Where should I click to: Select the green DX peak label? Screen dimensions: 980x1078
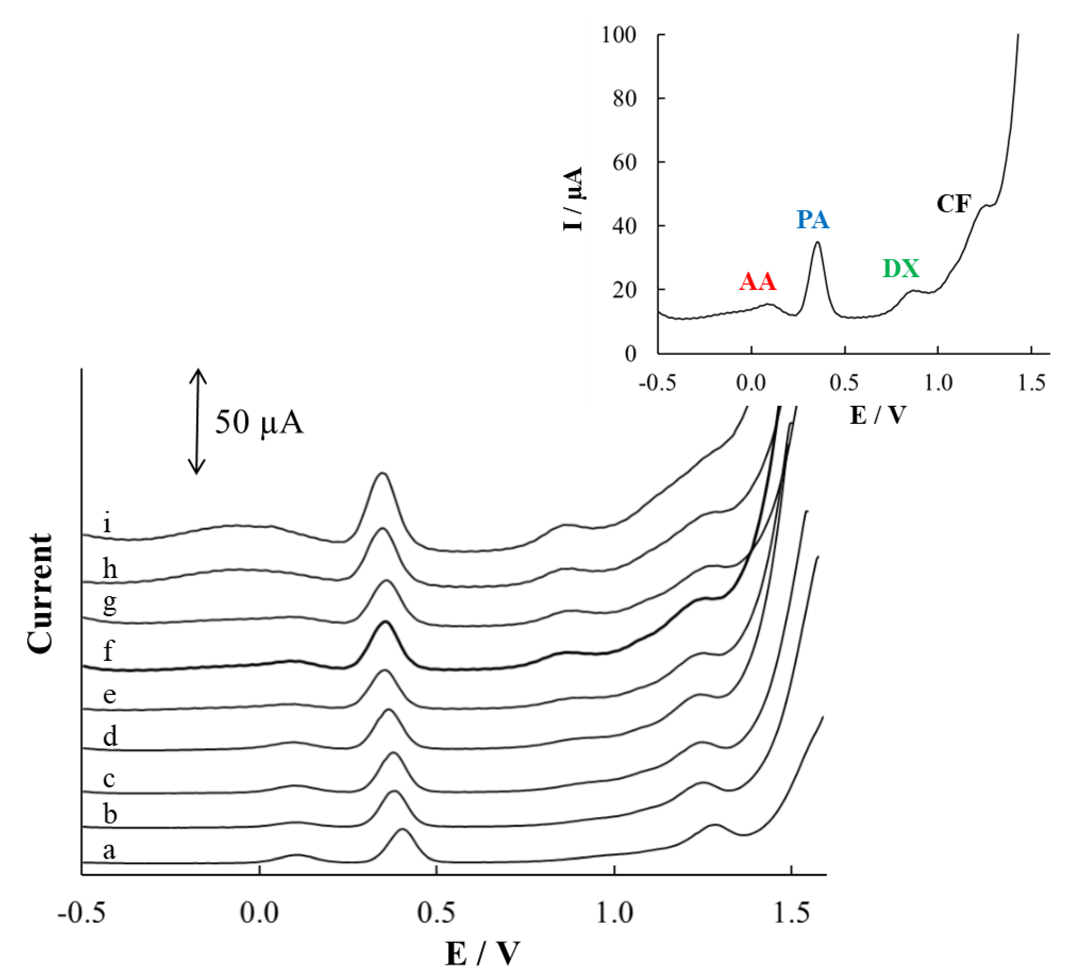click(x=901, y=268)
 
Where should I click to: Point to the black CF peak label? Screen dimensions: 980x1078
click(x=953, y=204)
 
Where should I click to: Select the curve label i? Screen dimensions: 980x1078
click(x=108, y=522)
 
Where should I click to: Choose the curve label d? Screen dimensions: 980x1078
click(x=110, y=736)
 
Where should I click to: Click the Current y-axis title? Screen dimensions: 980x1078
click(x=41, y=594)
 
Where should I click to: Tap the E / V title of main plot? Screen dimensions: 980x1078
click(x=482, y=953)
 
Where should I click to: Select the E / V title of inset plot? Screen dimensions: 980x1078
click(x=878, y=414)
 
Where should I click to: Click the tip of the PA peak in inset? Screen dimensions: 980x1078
click(x=817, y=242)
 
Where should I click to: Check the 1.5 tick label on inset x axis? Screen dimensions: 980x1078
click(x=1031, y=383)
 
